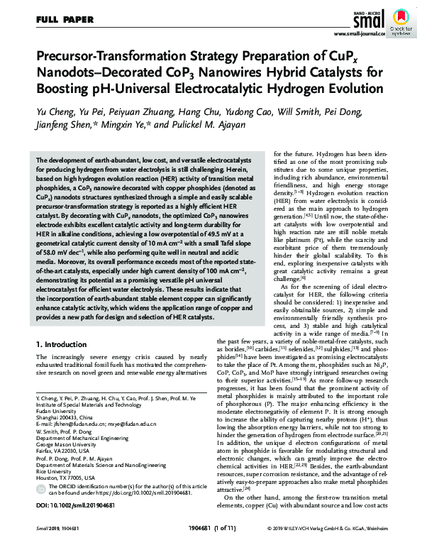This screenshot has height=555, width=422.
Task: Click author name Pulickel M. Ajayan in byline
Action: click(x=218, y=125)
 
